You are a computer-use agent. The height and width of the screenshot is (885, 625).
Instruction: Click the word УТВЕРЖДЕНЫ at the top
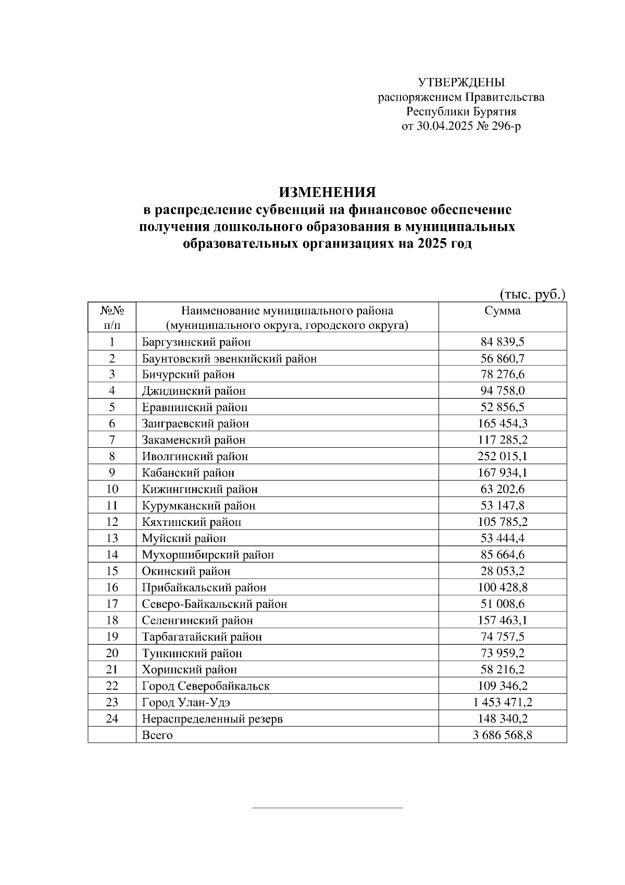tap(461, 82)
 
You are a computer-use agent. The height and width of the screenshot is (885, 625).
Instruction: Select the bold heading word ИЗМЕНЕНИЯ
tap(327, 192)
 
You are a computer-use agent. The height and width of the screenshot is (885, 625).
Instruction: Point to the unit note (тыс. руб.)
tap(532, 294)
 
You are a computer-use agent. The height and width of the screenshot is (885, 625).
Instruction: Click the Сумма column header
tap(502, 311)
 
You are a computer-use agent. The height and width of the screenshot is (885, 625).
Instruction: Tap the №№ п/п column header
tap(112, 317)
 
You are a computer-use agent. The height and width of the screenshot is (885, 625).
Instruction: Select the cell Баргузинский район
tap(196, 342)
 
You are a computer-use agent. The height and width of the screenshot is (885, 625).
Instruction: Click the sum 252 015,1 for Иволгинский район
tap(502, 457)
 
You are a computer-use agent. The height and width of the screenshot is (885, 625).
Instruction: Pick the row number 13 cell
tap(112, 538)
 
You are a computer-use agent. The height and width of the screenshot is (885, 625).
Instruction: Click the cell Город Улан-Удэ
tap(186, 703)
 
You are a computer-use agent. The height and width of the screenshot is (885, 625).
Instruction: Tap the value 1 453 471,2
tap(502, 703)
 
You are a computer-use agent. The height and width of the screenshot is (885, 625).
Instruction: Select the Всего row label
tap(157, 735)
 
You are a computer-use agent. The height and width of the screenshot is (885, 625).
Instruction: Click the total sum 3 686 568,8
tap(502, 735)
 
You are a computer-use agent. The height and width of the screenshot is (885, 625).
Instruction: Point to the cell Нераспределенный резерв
tap(212, 719)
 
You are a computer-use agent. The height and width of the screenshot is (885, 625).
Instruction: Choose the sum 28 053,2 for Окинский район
tap(502, 571)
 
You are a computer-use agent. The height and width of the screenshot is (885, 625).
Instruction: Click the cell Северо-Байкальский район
tap(214, 604)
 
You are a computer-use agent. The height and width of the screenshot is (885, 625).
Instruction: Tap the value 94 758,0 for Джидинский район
tap(502, 391)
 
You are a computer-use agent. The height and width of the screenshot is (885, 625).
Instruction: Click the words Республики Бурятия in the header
tap(461, 112)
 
